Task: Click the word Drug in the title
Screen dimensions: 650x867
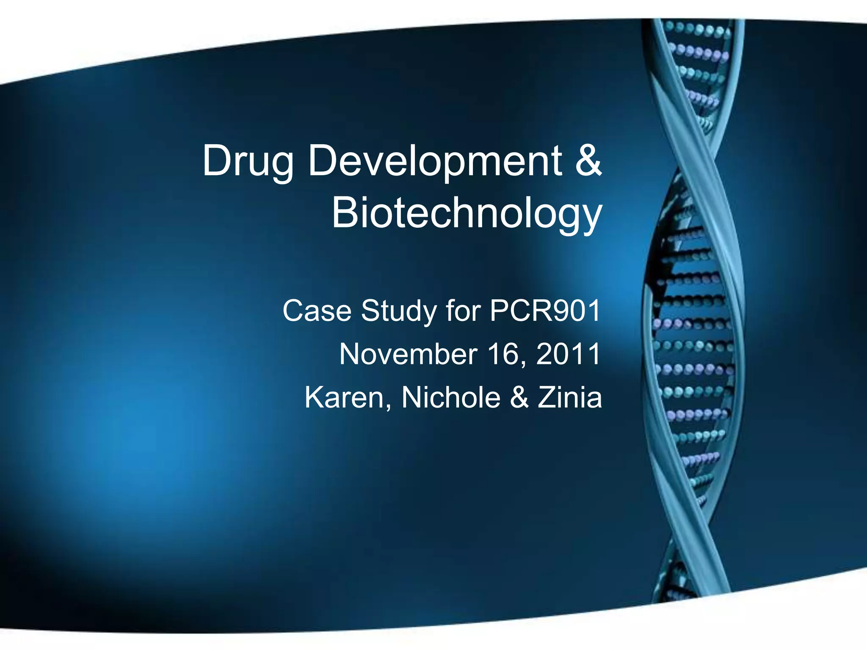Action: pyautogui.click(x=248, y=162)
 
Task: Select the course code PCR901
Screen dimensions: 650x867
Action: pyautogui.click(x=545, y=311)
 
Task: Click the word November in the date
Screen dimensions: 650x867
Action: pyautogui.click(x=408, y=354)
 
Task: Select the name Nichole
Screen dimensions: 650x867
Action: pyautogui.click(x=450, y=398)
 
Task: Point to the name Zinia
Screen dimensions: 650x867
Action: pyautogui.click(x=570, y=398)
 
